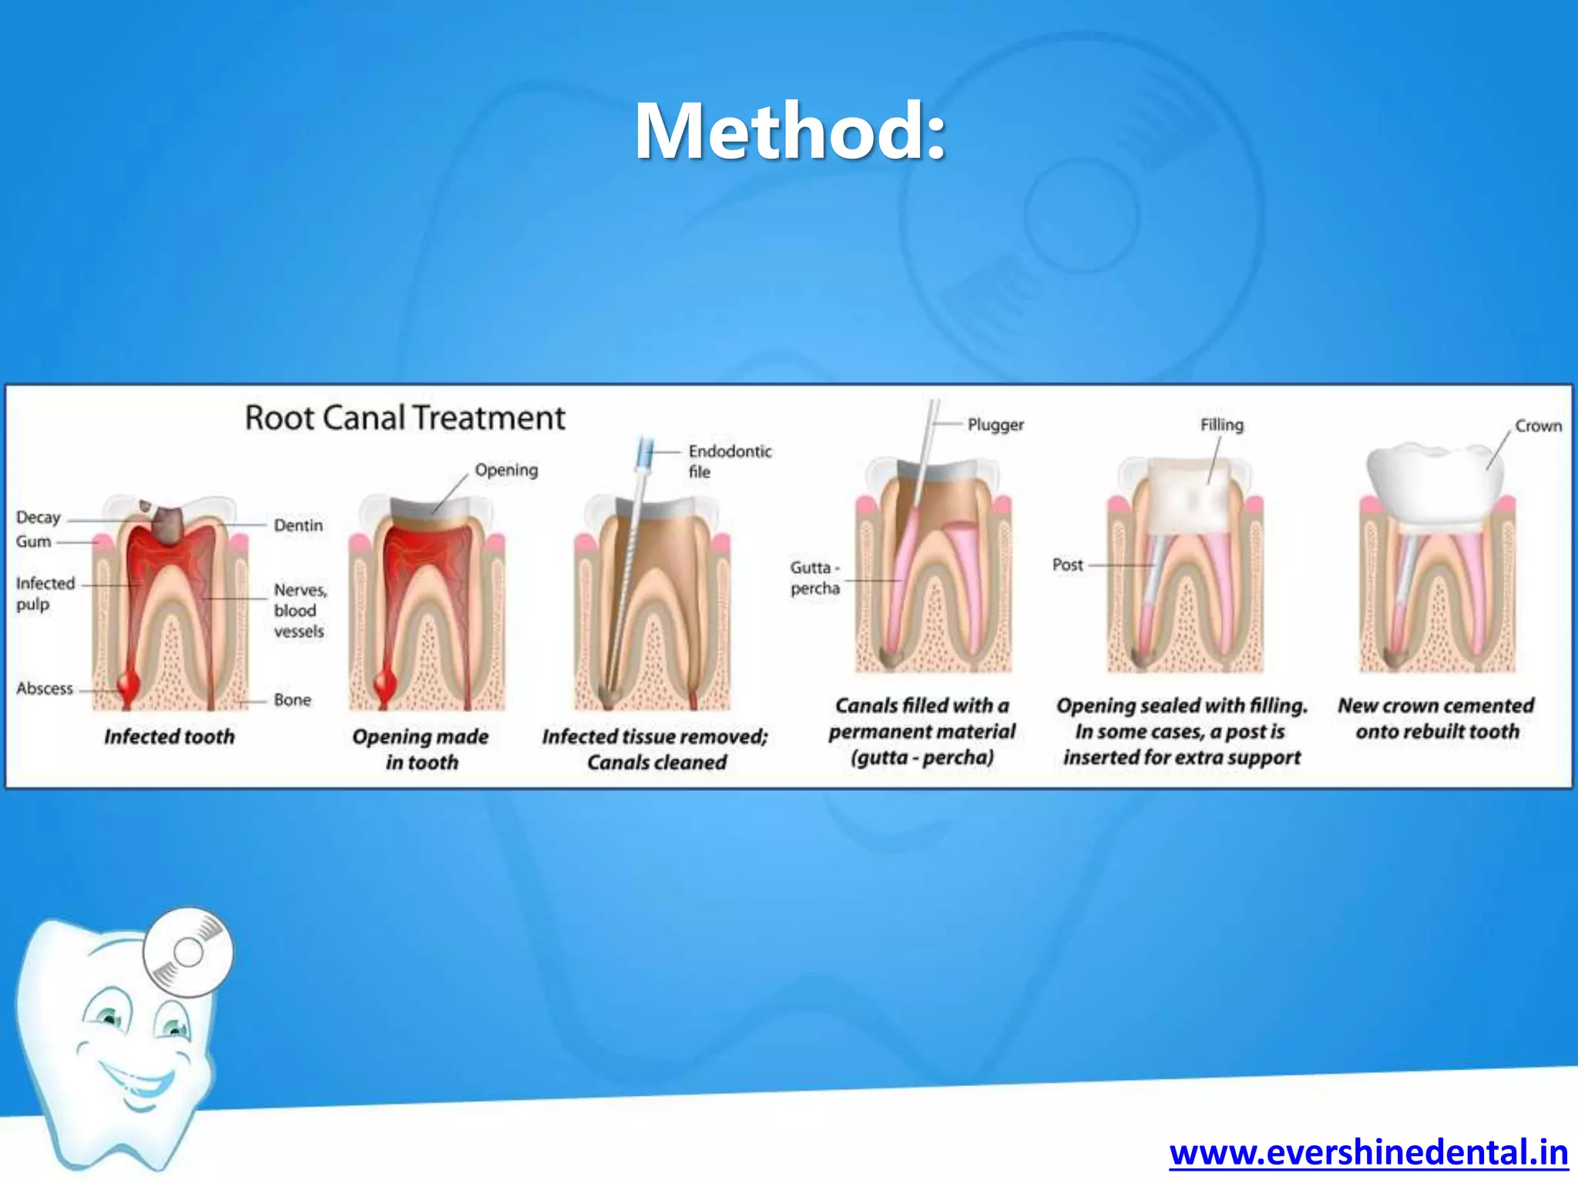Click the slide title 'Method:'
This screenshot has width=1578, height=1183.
coord(790,132)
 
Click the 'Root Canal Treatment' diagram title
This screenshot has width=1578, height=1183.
coord(405,418)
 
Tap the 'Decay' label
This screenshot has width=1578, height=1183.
coord(38,518)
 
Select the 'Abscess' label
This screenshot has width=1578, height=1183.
coord(45,689)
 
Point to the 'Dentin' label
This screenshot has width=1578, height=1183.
coord(298,525)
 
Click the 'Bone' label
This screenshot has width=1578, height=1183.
coord(292,700)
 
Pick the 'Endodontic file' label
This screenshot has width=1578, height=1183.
coord(729,461)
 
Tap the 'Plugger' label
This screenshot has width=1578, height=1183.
coord(995,425)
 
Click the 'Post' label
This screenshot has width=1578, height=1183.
coord(1067,565)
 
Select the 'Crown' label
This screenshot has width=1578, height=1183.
coord(1538,426)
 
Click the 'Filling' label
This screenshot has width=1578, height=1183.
coord(1221,425)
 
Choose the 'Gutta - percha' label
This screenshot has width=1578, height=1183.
coord(814,578)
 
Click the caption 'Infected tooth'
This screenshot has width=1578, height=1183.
coord(169,737)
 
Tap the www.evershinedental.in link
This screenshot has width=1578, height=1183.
coord(1368,1153)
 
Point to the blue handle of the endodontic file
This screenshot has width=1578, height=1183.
coord(645,454)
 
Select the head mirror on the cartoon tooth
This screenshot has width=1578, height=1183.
coord(187,953)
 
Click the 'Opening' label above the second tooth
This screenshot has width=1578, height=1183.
coord(506,470)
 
